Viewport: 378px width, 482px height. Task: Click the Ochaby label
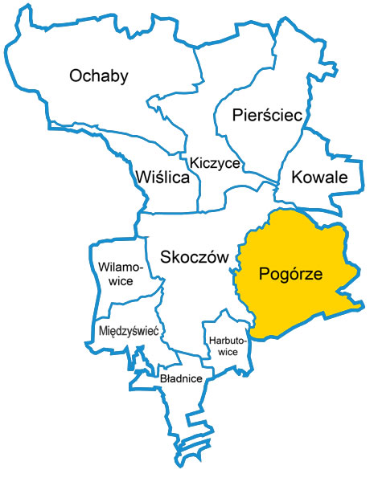[x=99, y=76]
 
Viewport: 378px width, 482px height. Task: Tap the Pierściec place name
[x=266, y=116]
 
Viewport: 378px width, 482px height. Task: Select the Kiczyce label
[x=214, y=163]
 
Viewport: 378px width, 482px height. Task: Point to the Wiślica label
[x=162, y=178]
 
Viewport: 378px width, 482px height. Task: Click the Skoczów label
[x=195, y=257]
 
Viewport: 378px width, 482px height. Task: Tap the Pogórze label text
[x=290, y=274]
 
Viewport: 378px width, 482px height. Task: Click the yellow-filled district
[x=306, y=305]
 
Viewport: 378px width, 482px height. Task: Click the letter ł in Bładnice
[x=169, y=378]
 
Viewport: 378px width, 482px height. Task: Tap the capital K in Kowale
[x=297, y=178]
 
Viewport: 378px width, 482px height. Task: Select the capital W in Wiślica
[x=142, y=178]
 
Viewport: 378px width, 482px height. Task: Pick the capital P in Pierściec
[x=236, y=116]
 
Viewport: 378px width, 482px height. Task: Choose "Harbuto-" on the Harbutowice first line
[x=227, y=340]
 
